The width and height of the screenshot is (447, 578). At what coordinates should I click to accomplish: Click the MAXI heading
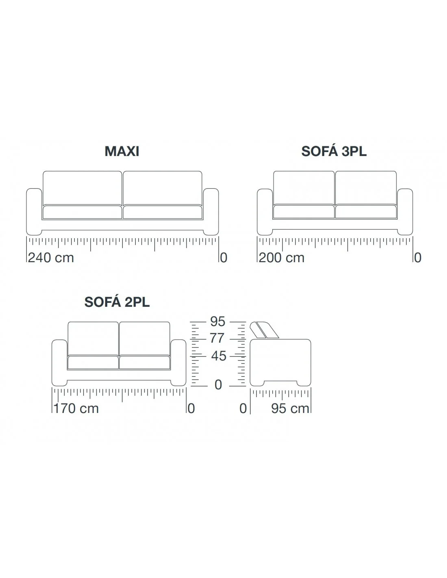pos(122,151)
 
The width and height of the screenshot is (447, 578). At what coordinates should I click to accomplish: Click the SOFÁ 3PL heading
pos(334,151)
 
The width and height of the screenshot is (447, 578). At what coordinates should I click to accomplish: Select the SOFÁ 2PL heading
pos(117,302)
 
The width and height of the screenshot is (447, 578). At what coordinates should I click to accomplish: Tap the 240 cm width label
pos(51,258)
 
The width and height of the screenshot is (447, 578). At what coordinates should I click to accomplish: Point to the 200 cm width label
pos(281,258)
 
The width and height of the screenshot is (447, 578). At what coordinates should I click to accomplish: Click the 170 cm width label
pos(76,408)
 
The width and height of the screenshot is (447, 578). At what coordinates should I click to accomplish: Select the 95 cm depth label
pos(290,408)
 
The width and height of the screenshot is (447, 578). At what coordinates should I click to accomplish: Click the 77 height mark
pos(217,338)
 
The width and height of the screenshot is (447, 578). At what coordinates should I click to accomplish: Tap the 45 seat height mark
pos(219,356)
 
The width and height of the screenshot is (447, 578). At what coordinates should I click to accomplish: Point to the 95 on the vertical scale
pos(217,322)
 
